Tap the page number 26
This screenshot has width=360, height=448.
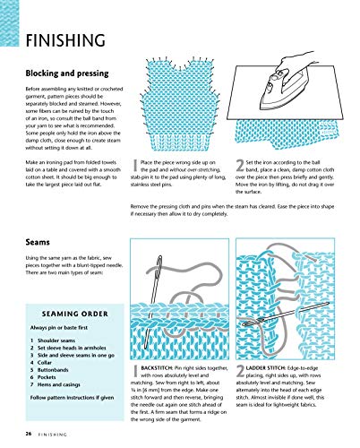(x=30, y=433)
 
